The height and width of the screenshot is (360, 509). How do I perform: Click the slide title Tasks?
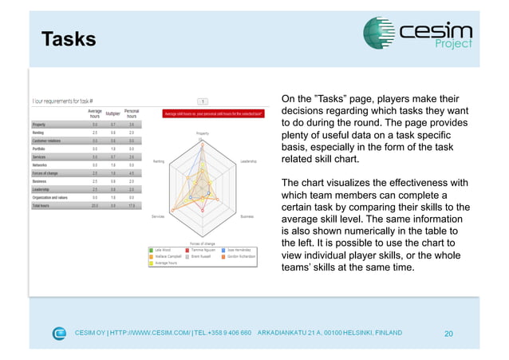(69, 39)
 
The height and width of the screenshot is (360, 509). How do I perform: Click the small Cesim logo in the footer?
(60, 333)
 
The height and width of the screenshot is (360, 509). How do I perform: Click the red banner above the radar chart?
(203, 113)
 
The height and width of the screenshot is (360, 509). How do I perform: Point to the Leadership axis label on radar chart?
(248, 160)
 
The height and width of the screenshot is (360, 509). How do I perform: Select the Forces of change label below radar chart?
(203, 243)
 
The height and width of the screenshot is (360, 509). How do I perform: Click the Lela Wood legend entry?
(163, 249)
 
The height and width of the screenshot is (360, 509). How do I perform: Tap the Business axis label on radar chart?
(247, 216)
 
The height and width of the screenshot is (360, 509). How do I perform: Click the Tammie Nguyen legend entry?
(203, 249)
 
